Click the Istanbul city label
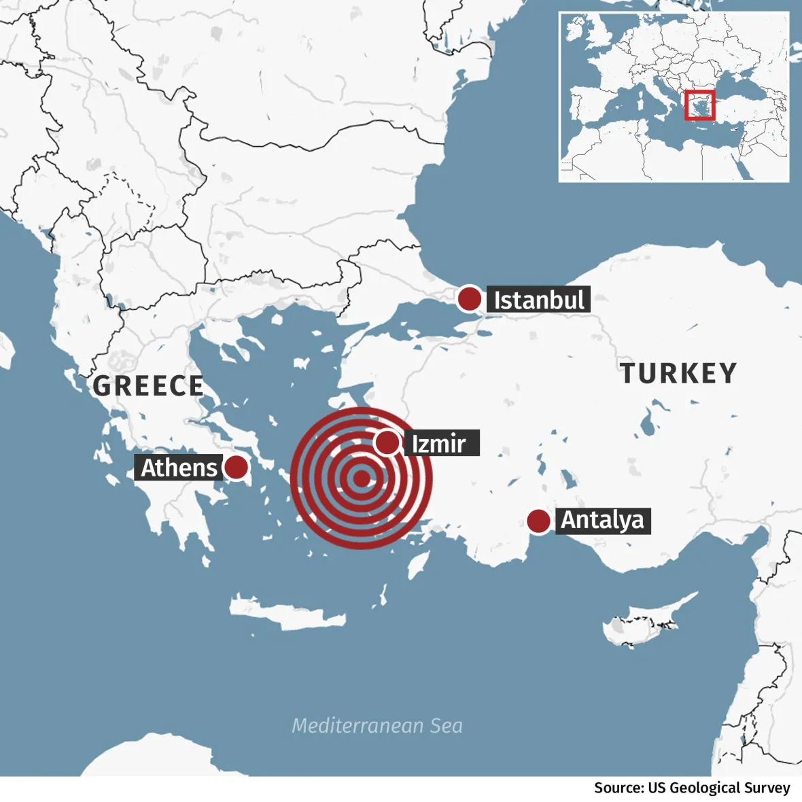point(538,300)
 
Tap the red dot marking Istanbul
point(469,299)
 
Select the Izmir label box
point(441,443)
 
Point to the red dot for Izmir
point(387,442)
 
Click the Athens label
point(179,468)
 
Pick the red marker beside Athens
point(237,468)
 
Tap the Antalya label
point(603,521)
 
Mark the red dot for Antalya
point(538,521)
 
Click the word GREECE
point(148,386)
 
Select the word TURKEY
point(678,373)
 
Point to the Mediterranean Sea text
point(377,726)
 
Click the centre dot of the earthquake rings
point(361,478)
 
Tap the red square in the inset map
point(699,105)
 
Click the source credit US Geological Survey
point(692,788)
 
